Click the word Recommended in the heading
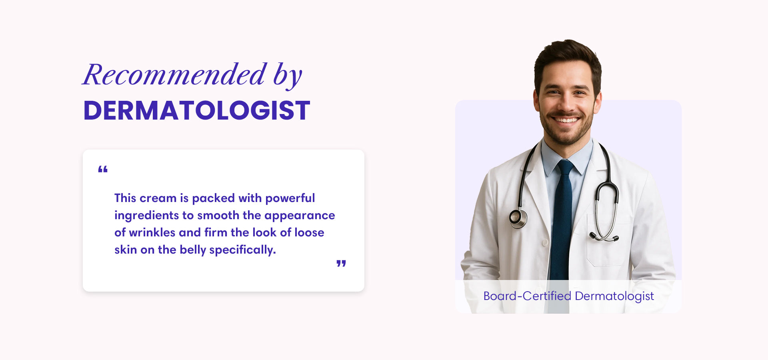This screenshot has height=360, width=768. pos(174,74)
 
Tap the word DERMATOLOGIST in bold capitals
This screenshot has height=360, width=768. pos(197,110)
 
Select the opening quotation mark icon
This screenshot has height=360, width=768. pos(103,169)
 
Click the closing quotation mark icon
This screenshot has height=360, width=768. pos(341,264)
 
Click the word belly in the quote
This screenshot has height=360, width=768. pos(193,250)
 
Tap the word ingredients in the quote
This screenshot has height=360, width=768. pos(146,216)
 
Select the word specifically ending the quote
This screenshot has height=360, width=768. pos(242,250)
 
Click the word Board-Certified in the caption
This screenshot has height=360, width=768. pos(527,296)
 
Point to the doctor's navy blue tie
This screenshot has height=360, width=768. pos(562,220)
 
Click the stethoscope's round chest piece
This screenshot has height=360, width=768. pos(518,218)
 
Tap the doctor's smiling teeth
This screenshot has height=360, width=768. pos(566,120)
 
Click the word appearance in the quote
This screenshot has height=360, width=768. pos(300,216)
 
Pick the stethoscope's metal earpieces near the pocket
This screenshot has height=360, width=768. pos(604,238)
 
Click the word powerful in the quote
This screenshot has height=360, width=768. pos(290,198)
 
